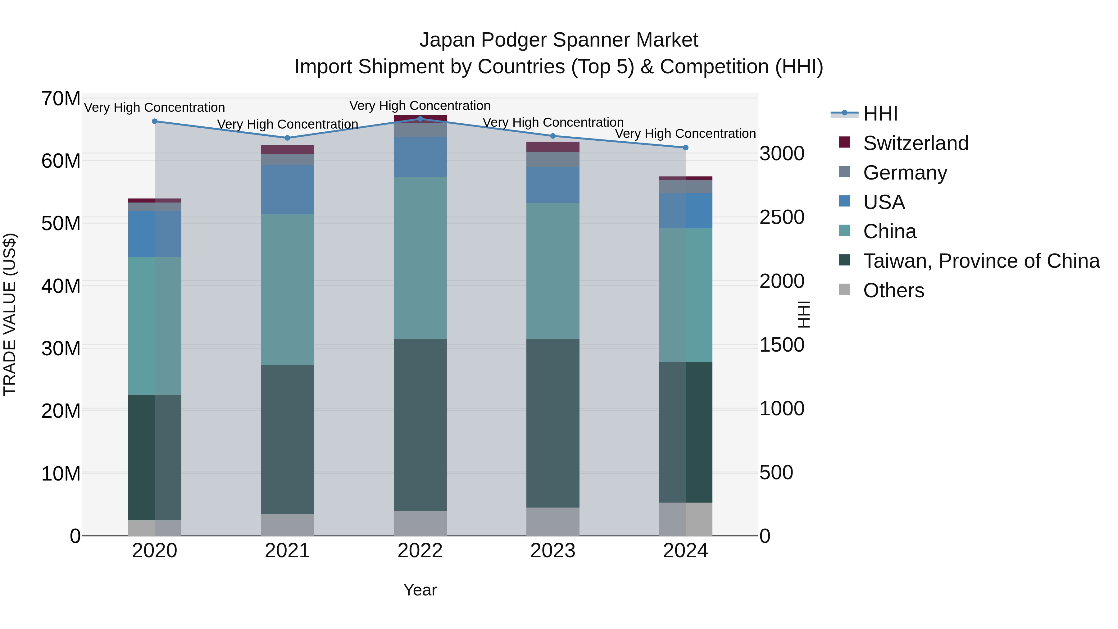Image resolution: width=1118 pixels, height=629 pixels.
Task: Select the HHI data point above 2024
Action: click(685, 148)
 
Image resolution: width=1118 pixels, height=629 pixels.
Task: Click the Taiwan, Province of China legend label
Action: click(981, 261)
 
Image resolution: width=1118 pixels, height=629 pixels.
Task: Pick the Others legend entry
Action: click(893, 290)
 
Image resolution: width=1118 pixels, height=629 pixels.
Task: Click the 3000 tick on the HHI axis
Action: click(782, 154)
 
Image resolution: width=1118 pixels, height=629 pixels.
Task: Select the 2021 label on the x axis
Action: click(287, 551)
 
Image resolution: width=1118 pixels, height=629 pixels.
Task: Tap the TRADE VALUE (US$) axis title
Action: click(10, 314)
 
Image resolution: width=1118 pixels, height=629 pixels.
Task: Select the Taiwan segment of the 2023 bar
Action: click(552, 423)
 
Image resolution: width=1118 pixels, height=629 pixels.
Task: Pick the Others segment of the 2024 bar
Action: click(685, 519)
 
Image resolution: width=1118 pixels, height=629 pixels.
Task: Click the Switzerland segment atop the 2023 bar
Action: click(552, 147)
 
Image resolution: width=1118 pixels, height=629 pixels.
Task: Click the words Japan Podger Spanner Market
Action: click(559, 40)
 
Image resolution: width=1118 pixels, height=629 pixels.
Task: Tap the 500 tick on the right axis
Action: click(776, 472)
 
